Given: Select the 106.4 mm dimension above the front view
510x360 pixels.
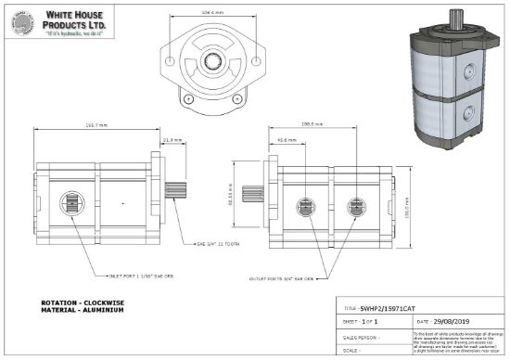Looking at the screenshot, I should coord(213,13).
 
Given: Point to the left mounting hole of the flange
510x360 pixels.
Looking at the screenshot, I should coord(187,97).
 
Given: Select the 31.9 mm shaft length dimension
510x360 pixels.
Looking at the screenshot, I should coord(172,140).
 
